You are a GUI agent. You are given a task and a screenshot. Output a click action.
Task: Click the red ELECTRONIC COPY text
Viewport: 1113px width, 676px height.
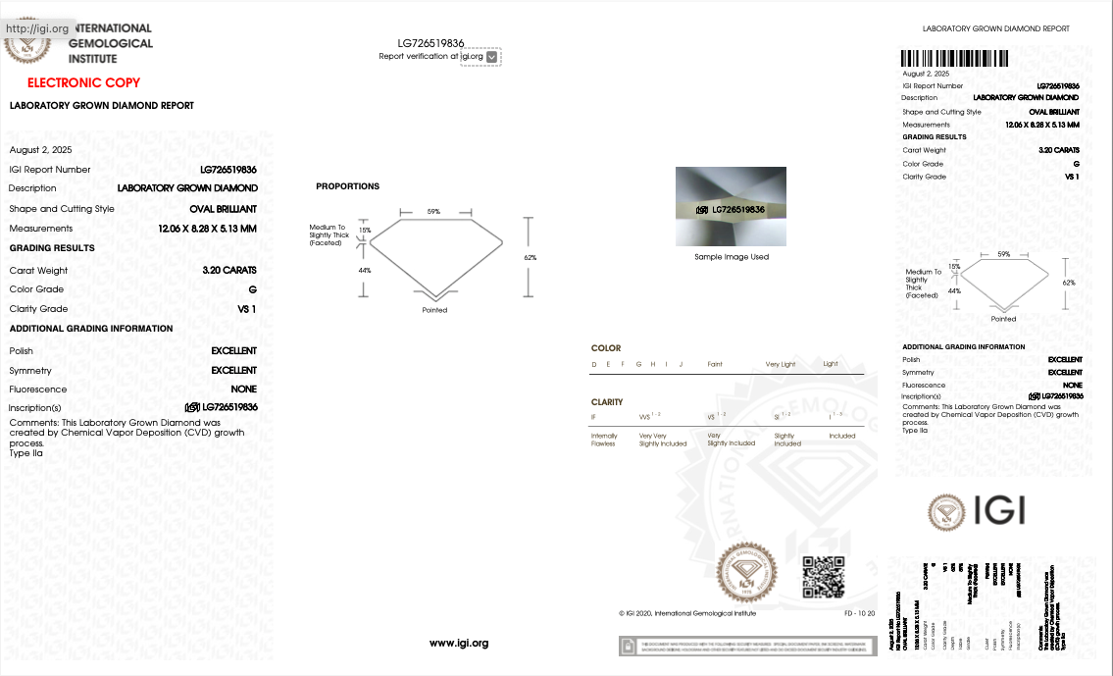(83, 83)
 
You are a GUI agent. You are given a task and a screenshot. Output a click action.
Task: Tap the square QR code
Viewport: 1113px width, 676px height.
(824, 576)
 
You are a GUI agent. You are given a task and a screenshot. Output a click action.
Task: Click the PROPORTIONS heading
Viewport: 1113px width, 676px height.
(347, 186)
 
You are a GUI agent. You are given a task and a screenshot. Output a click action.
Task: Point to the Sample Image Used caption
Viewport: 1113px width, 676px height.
(731, 257)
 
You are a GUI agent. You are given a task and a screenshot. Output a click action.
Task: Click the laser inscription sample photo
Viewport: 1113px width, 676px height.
(731, 206)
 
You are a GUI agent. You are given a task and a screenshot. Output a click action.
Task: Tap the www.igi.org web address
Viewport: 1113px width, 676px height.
(458, 644)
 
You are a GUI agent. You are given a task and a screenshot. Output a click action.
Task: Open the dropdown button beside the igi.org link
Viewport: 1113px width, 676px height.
(492, 57)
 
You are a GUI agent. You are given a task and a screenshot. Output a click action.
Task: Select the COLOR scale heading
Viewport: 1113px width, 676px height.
(606, 348)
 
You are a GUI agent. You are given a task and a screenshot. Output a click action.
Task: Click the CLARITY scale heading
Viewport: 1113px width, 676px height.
(607, 402)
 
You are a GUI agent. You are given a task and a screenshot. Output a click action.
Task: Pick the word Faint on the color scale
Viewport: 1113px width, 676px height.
(715, 364)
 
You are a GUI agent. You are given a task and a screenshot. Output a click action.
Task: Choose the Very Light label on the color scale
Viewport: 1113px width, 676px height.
(781, 364)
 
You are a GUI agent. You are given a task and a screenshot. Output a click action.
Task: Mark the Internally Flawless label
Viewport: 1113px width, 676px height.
(604, 440)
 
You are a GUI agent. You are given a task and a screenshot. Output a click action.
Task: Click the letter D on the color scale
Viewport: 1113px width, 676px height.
(593, 364)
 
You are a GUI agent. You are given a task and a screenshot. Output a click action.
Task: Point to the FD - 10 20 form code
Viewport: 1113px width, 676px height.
(860, 613)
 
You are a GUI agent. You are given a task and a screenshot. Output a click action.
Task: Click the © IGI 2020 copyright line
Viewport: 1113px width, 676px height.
(687, 613)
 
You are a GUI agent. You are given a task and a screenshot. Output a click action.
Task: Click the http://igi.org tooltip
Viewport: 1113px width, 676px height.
(37, 28)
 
